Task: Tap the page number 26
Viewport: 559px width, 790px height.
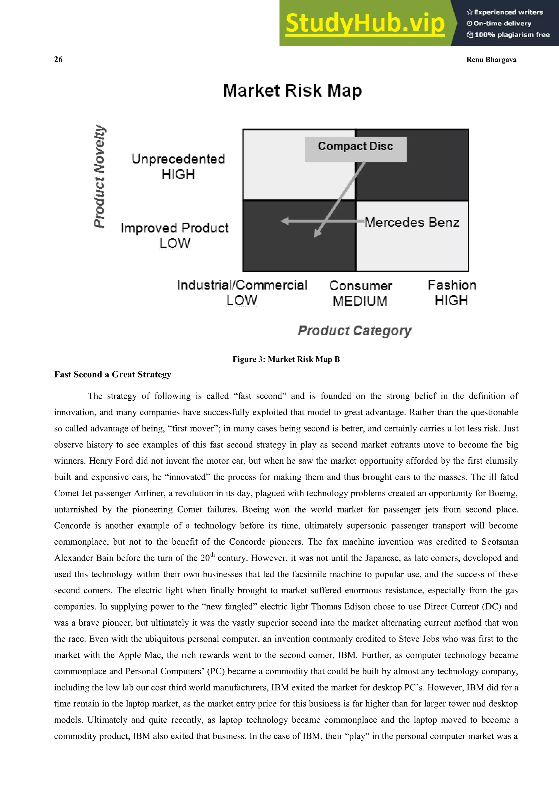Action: click(58, 59)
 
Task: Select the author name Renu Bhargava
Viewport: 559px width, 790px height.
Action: click(491, 59)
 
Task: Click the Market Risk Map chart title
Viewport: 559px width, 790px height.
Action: click(292, 91)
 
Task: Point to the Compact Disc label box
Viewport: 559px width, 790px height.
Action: click(356, 147)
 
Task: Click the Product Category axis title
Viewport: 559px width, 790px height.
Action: click(355, 331)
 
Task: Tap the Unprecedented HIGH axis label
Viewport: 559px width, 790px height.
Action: click(178, 166)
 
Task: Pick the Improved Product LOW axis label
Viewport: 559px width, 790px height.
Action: click(174, 235)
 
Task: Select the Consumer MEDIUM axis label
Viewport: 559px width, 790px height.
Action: click(360, 293)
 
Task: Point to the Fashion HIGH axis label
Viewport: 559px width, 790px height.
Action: click(452, 293)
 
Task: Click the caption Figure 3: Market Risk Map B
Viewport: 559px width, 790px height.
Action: click(286, 359)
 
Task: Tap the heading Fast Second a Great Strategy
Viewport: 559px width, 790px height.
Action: click(112, 374)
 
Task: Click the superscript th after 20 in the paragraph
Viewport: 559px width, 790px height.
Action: click(212, 555)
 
